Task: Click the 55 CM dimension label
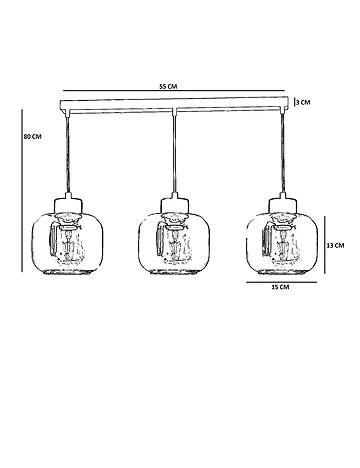point(168,86)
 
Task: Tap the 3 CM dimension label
point(303,102)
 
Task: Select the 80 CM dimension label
point(33,137)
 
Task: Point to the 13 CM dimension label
point(335,246)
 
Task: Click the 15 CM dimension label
point(280,287)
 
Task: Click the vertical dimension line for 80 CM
point(22,191)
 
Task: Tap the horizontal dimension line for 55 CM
point(174,90)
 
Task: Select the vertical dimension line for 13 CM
point(325,245)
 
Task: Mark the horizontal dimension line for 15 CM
point(282,282)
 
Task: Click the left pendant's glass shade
point(67,243)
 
